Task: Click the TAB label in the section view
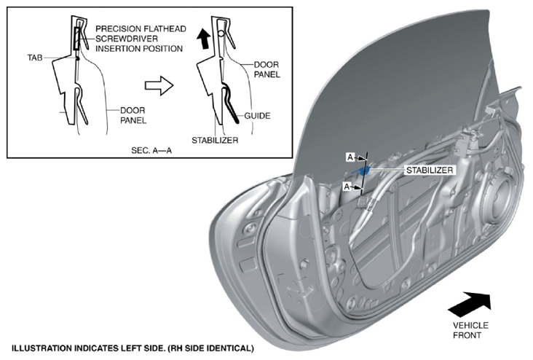pos(35,58)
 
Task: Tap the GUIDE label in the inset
pos(257,116)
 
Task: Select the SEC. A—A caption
pos(151,150)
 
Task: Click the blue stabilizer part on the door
pos(361,170)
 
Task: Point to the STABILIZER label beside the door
pos(430,170)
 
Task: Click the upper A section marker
pos(350,157)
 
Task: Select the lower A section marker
pos(347,187)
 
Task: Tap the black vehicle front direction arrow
pos(470,304)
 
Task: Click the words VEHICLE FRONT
pos(470,330)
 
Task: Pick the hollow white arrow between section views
pos(159,85)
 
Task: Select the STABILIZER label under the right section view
pos(215,140)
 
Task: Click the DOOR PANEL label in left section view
pos(133,115)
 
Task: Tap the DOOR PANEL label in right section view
pos(266,69)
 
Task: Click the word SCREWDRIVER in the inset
pos(127,39)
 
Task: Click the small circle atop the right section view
pos(221,34)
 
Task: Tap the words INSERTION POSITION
pos(139,49)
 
